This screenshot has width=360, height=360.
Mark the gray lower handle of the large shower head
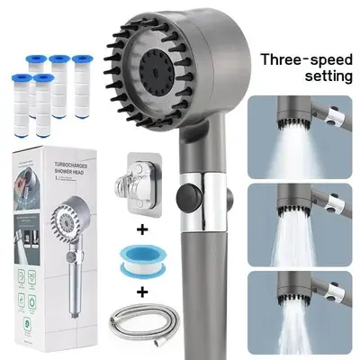point(200,288)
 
